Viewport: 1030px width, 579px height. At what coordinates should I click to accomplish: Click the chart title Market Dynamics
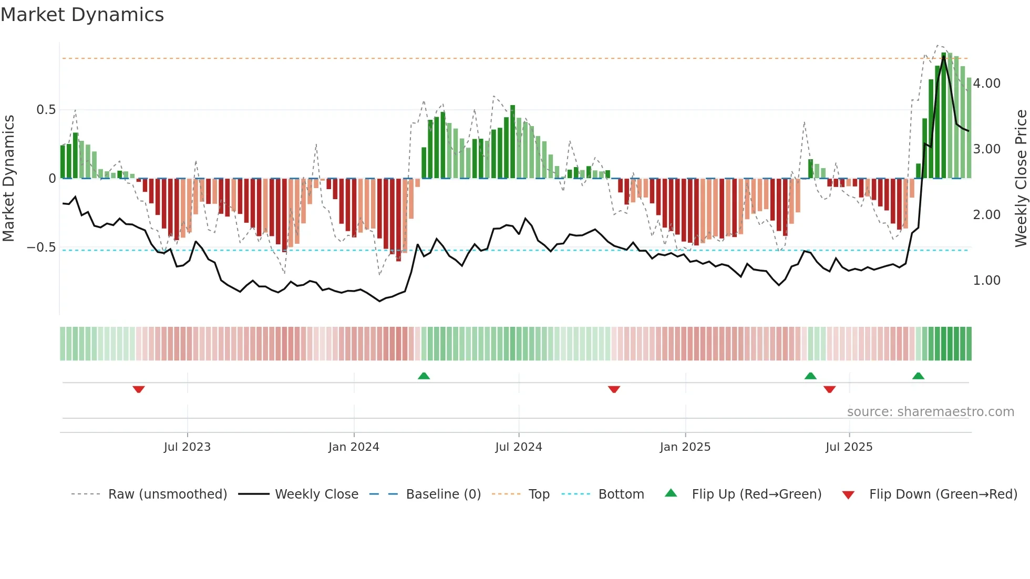click(82, 15)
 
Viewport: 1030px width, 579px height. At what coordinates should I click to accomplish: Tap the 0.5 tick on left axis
click(46, 110)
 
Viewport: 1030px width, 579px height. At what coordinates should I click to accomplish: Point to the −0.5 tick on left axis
click(42, 247)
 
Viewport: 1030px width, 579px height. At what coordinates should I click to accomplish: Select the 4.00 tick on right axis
click(986, 84)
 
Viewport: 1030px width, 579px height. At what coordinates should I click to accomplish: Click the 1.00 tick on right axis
click(986, 281)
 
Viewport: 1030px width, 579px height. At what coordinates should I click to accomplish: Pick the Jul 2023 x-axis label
click(187, 447)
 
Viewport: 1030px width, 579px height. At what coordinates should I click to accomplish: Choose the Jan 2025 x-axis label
click(685, 447)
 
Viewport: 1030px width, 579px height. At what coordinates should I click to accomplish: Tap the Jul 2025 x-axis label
click(849, 447)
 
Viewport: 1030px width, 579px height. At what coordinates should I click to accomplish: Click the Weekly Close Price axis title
click(1021, 178)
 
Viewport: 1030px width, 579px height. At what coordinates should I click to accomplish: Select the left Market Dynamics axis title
click(9, 178)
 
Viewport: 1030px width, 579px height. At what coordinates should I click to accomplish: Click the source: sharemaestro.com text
click(930, 412)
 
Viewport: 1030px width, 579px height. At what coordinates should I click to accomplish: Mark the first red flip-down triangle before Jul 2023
click(139, 389)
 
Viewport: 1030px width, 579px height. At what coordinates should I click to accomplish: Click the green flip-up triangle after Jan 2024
click(424, 376)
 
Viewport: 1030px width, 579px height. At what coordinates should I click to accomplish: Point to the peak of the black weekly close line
click(944, 56)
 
